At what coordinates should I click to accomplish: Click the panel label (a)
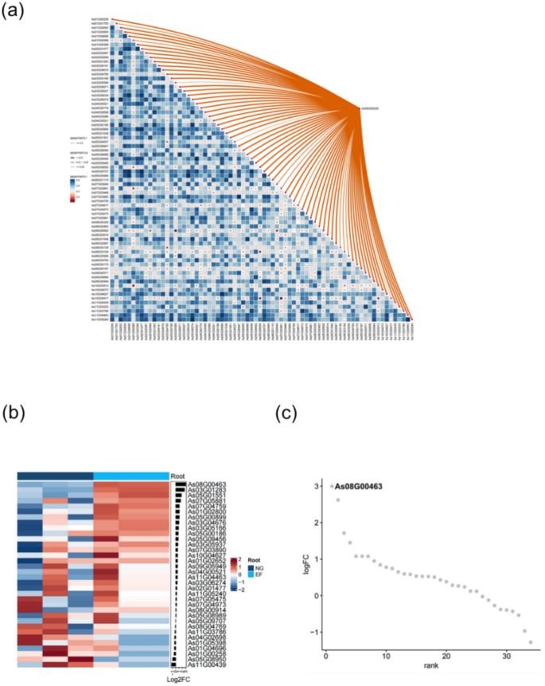click(x=14, y=14)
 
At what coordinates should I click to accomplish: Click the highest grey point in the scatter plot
click(x=332, y=486)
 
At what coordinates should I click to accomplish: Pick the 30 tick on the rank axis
click(x=506, y=666)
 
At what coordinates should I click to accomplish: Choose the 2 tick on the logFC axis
click(x=318, y=523)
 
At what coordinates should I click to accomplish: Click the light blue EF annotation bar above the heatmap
click(x=131, y=476)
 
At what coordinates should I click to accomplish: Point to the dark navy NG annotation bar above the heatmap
click(x=56, y=476)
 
